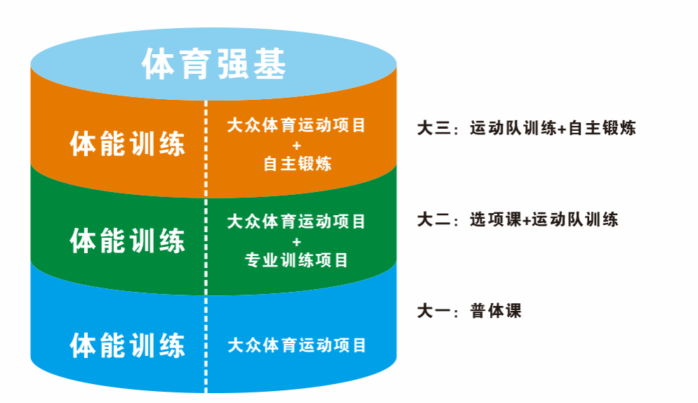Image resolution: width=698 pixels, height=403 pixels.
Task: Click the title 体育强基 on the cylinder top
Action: point(214,65)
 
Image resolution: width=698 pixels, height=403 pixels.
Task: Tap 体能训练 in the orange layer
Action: point(128,144)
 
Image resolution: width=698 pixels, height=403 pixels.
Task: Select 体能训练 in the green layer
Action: point(128,241)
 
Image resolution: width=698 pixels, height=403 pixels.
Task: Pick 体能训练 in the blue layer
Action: point(128,346)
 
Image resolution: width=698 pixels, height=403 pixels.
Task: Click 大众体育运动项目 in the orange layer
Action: point(296,126)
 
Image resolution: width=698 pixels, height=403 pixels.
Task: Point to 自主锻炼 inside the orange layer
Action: point(296,165)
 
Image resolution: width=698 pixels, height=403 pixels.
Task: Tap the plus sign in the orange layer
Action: point(296,146)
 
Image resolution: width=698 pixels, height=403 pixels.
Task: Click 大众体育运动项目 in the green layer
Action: point(296,222)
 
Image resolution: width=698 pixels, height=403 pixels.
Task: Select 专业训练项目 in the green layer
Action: point(296,261)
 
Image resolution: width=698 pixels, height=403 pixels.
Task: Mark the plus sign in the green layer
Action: point(296,242)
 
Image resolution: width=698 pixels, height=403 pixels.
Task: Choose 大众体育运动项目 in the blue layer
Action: point(296,345)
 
